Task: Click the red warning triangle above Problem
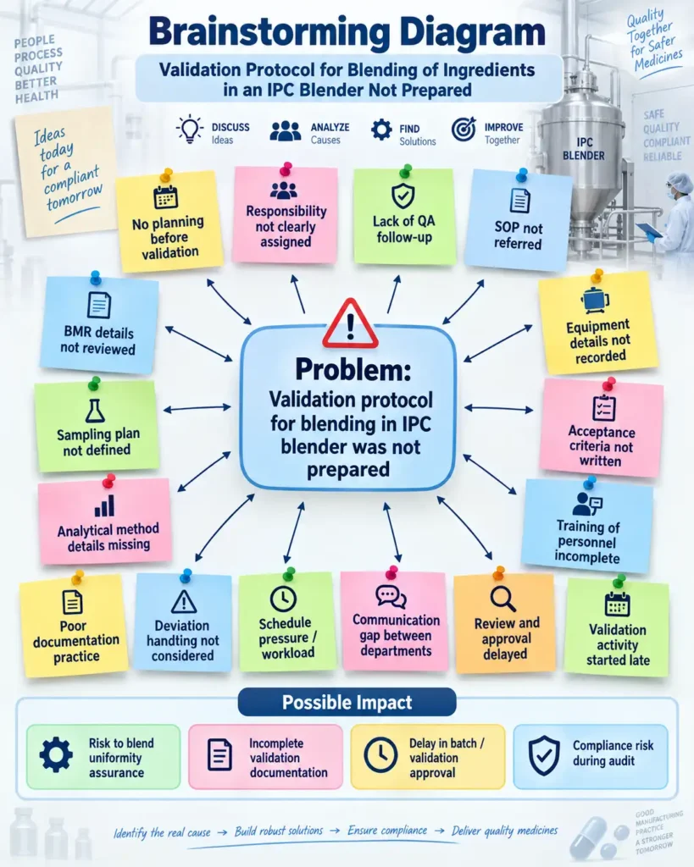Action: [350, 324]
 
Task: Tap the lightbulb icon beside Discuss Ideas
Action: [190, 130]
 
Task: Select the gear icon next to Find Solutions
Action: [381, 130]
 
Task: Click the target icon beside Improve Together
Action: [464, 129]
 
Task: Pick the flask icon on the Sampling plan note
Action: [95, 411]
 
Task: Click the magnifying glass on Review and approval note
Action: [502, 599]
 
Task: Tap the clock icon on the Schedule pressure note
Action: [283, 599]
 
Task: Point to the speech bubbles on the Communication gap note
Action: [391, 597]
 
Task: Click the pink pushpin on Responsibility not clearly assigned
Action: [286, 168]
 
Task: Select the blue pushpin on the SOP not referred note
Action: [522, 175]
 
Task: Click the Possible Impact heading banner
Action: [347, 702]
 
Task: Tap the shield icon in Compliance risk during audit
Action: [544, 755]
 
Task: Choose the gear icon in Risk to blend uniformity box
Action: [56, 754]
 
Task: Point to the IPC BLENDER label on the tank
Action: [584, 149]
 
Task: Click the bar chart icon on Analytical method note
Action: [104, 505]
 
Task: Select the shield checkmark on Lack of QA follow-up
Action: [403, 196]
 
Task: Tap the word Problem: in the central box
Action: [353, 369]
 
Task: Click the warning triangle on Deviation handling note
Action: [184, 602]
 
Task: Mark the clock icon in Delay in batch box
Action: [380, 754]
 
